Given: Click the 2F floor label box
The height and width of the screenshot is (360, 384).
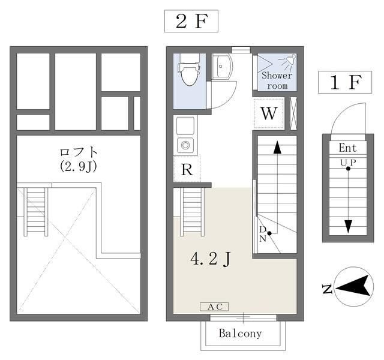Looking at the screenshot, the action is (191, 21).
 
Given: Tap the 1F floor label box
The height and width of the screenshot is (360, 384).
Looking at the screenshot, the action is (345, 82).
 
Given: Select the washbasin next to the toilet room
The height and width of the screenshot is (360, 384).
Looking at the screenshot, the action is (221, 67).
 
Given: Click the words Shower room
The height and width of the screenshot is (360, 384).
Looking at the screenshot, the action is (277, 80).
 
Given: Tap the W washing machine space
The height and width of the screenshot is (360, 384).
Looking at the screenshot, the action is (269, 113).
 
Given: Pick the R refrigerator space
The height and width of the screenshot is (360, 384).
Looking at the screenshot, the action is (187, 169).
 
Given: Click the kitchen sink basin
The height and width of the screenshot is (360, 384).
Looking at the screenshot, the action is (185, 125).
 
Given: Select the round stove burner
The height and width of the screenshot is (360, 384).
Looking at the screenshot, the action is (185, 145).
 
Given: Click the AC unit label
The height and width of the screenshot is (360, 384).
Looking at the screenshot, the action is (214, 307).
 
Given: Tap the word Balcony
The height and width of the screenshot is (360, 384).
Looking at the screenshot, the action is (240, 334).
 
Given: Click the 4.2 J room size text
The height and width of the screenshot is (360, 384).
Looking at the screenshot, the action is (211, 259).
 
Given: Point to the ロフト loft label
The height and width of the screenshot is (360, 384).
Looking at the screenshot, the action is (79, 152).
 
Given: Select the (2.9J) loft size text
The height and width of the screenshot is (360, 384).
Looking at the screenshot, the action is (79, 167).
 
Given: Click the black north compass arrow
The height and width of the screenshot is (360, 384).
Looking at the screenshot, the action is (353, 286).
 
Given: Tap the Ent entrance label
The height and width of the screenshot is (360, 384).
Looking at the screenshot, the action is (348, 148).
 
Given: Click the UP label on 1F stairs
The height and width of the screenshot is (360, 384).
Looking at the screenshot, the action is (348, 163).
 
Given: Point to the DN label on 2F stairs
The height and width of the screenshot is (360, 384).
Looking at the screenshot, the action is (263, 234).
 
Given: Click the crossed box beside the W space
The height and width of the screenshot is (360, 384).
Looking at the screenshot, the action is (293, 113).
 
